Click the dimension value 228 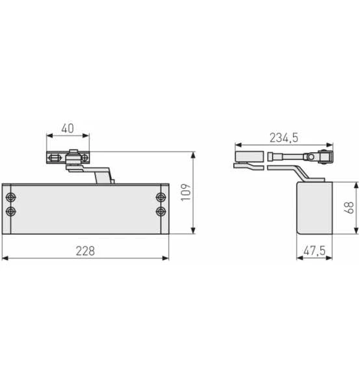coord(85,250)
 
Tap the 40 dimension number coord(68,128)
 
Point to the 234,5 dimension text coord(283,137)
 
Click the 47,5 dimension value coord(314,250)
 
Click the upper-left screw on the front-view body coord(10,198)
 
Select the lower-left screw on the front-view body coord(10,211)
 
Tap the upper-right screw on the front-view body coord(161,198)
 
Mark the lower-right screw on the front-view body coord(161,211)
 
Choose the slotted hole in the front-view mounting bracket coord(55,158)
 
